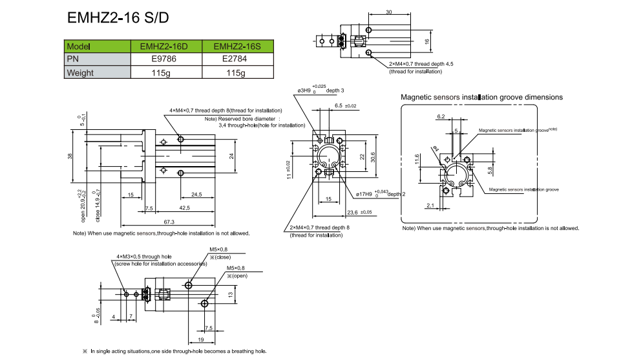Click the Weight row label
tap(81, 73)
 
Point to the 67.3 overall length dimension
tap(170, 221)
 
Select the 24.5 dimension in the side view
tap(196, 194)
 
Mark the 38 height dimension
tap(70, 155)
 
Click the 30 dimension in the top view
tap(388, 12)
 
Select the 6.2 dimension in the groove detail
tap(441, 117)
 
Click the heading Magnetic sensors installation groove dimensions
tap(481, 97)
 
